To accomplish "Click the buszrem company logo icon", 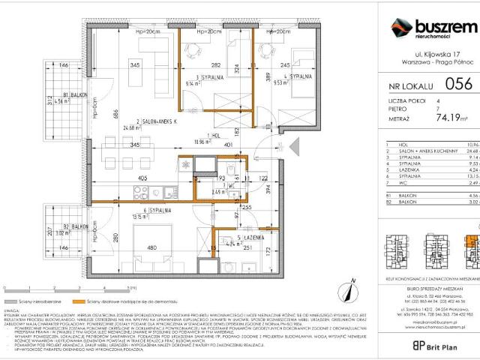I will pos(398,29).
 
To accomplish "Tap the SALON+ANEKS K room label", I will pos(160,120).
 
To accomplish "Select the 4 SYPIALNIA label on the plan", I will pos(298,76).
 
